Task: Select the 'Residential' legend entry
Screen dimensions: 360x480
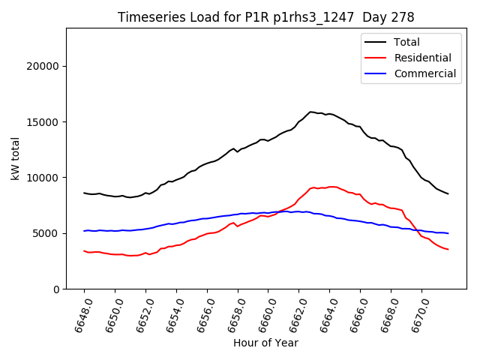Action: [x=422, y=58]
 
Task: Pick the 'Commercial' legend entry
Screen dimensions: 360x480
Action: [x=424, y=73]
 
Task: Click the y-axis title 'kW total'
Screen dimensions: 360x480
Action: [x=16, y=158]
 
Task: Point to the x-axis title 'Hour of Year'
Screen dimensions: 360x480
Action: [x=265, y=343]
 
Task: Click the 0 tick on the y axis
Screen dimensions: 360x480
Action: [x=56, y=289]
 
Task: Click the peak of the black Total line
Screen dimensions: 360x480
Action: [x=310, y=112]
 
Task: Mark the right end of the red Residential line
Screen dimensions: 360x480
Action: [x=448, y=249]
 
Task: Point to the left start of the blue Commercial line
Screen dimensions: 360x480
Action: [x=84, y=231]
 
